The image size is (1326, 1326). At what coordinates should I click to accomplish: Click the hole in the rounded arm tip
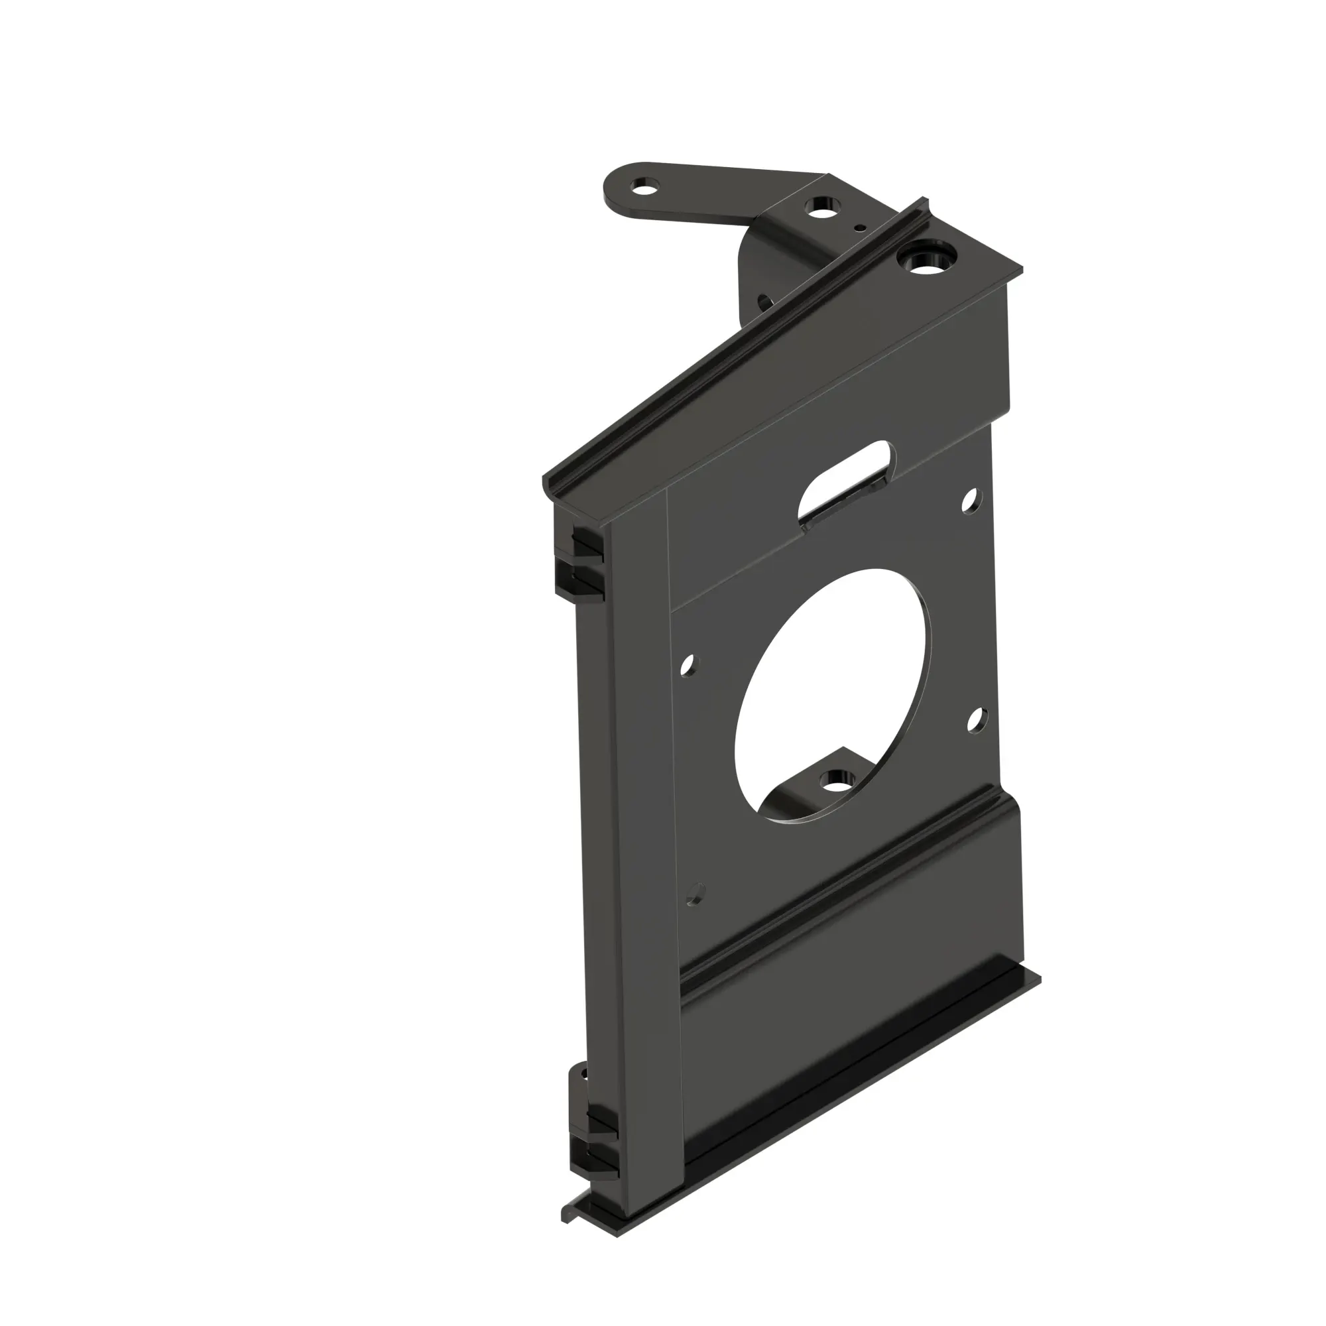(643, 186)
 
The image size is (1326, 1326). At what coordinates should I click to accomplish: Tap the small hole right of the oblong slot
(970, 501)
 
